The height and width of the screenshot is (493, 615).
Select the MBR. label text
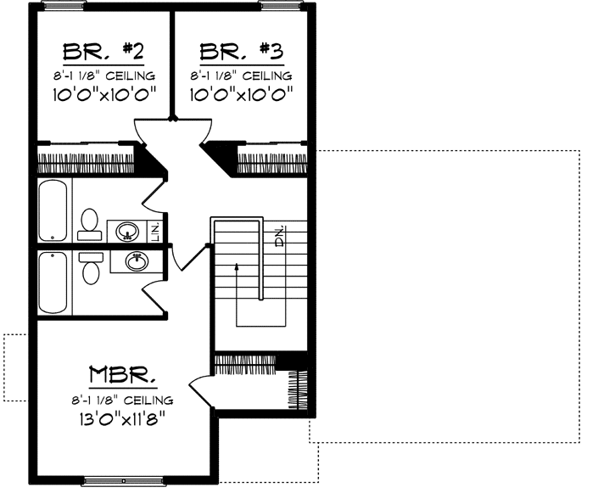click(124, 375)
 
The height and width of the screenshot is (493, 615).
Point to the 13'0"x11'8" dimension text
click(124, 417)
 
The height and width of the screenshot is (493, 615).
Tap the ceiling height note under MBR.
click(124, 399)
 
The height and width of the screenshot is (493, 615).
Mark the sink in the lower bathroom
click(134, 261)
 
